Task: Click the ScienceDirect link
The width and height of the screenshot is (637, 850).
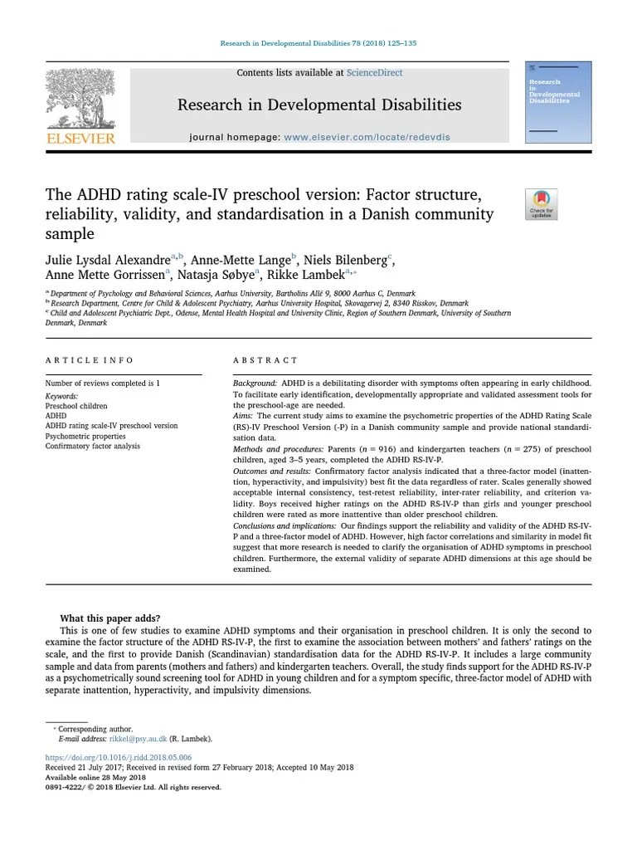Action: pyautogui.click(x=374, y=73)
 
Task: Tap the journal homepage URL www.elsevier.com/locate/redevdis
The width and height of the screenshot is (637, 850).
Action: pyautogui.click(x=367, y=137)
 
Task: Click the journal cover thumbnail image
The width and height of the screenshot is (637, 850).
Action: pyautogui.click(x=558, y=102)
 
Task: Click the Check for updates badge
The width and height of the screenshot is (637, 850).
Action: pyautogui.click(x=541, y=204)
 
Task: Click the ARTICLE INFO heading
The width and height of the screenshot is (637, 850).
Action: pyautogui.click(x=89, y=360)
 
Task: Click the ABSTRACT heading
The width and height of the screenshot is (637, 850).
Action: pyautogui.click(x=265, y=360)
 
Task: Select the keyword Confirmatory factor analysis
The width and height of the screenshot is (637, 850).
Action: pyautogui.click(x=92, y=446)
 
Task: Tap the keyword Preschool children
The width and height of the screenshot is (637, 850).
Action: pyautogui.click(x=76, y=406)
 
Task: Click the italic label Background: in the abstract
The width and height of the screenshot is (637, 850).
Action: pyautogui.click(x=254, y=383)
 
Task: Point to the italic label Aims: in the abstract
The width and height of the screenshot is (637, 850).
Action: pyautogui.click(x=243, y=415)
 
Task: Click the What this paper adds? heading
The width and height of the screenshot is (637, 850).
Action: pyautogui.click(x=109, y=618)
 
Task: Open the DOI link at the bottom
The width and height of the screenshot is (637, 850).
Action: pyautogui.click(x=118, y=757)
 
